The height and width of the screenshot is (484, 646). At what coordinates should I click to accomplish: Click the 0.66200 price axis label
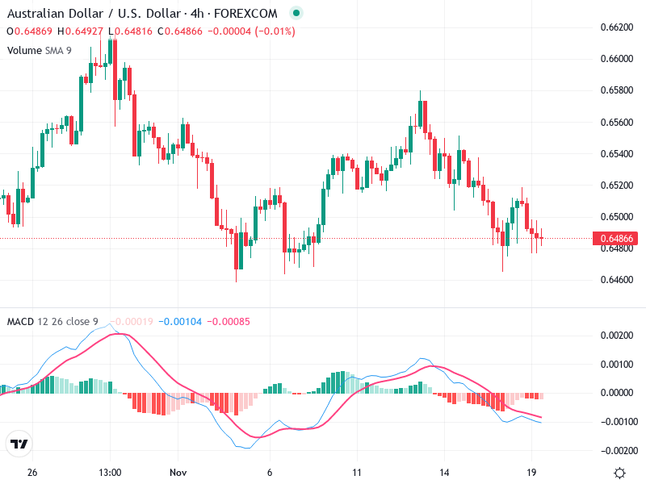616,27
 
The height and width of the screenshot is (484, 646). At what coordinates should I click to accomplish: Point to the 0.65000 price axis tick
616,217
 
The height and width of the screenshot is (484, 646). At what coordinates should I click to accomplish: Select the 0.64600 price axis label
616,280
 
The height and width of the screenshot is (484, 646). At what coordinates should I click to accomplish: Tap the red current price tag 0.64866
616,239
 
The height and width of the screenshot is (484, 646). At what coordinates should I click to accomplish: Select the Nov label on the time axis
178,471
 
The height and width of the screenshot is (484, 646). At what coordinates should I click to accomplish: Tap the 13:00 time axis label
110,471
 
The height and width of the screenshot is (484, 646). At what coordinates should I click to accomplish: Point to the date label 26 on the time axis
32,471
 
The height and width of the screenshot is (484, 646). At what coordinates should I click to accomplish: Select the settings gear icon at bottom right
619,472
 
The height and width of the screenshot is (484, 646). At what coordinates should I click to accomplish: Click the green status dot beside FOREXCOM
296,14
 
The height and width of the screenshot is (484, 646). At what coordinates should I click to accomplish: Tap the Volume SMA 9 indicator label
40,50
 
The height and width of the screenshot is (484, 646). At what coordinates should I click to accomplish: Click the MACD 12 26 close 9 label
52,322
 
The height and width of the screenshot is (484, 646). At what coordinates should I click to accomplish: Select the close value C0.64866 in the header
186,31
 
